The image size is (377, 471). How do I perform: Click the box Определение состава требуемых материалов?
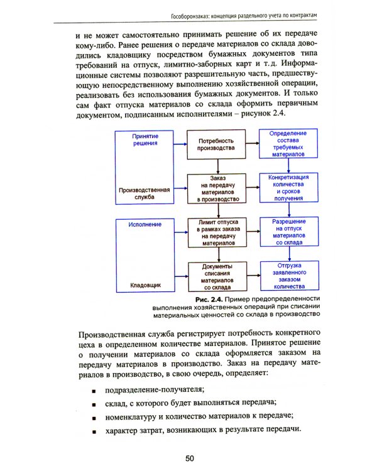click(288, 144)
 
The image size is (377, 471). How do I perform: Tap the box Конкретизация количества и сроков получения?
click(288, 187)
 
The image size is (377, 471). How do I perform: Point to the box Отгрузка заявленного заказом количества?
click(288, 274)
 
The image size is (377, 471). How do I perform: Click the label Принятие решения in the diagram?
click(145, 139)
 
